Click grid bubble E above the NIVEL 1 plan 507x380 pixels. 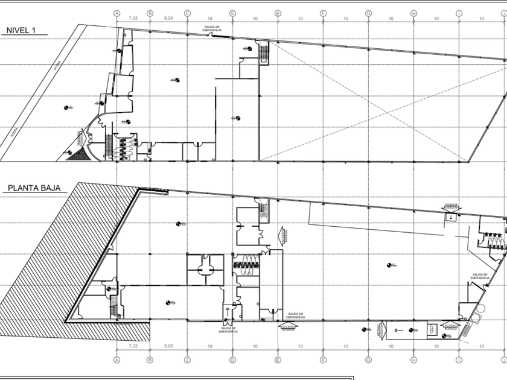tap(278, 12)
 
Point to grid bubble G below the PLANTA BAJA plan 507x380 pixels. tap(368, 360)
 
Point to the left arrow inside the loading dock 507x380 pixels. tap(398, 329)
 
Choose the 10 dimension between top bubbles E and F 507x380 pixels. tap(301, 19)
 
